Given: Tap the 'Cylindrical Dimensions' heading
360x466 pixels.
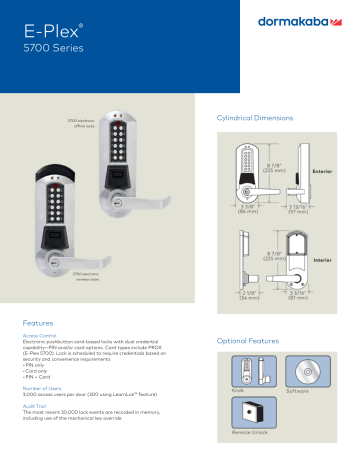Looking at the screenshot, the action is [255, 118].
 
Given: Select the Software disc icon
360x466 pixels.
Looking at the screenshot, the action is [298, 370].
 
